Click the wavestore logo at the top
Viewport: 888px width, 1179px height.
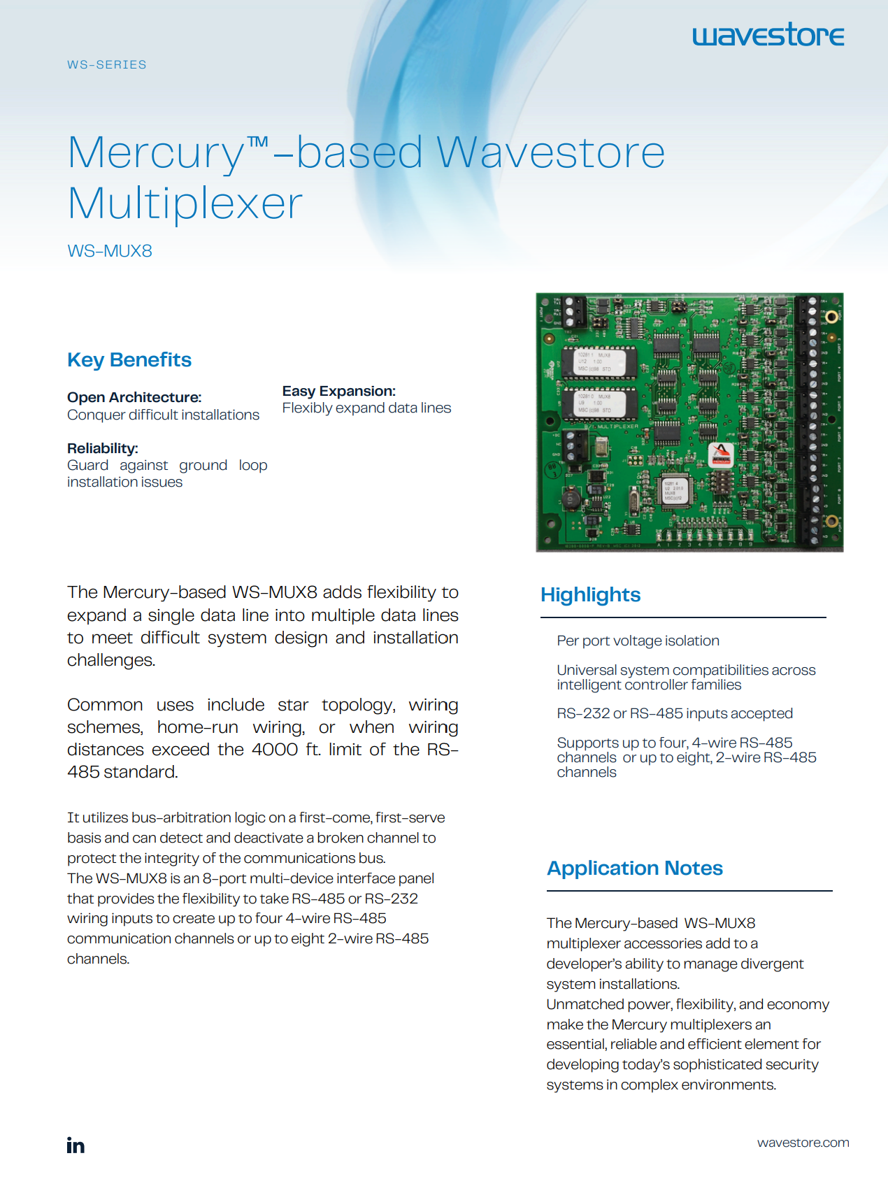tap(768, 35)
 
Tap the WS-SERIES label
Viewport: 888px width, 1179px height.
tap(107, 64)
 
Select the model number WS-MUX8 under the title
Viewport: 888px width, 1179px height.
tap(110, 251)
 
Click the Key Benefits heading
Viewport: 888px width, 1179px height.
tap(129, 359)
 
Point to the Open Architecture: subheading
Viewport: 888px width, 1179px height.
tap(134, 397)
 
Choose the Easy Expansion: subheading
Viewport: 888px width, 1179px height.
tap(339, 391)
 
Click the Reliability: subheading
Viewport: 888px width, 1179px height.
tap(103, 448)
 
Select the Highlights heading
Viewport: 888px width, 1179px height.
tap(590, 594)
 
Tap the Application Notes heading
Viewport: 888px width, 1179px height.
tap(634, 868)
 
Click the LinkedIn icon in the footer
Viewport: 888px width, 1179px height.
tap(76, 1145)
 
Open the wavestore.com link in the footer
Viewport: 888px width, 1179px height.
tap(803, 1142)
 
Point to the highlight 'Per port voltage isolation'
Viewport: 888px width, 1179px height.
tap(638, 641)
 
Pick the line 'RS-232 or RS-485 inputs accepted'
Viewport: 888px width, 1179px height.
tap(675, 713)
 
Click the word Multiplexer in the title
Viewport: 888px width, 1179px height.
tap(185, 203)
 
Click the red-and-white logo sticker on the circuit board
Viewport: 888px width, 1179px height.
tap(721, 455)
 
